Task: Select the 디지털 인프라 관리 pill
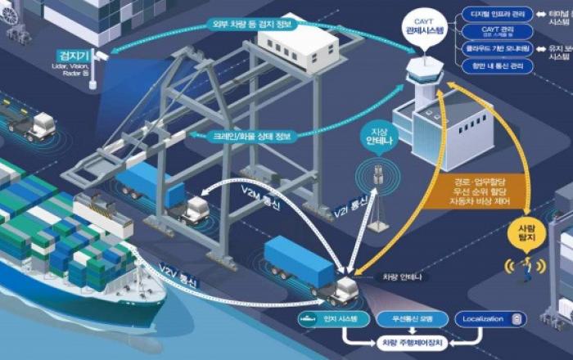[498, 14]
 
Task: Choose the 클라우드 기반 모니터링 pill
[498, 49]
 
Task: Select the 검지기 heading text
[67, 54]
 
